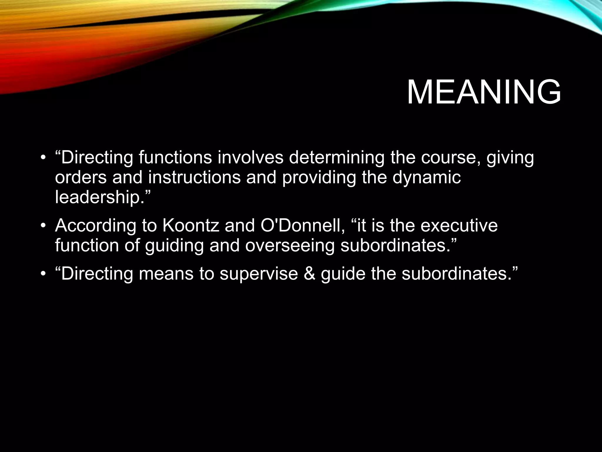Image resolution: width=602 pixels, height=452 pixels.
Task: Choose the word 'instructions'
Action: click(x=194, y=177)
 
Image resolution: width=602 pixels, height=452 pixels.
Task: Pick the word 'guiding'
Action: click(x=174, y=245)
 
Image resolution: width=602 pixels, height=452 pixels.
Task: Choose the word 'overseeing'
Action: click(x=290, y=245)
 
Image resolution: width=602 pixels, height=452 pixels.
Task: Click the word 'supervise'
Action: click(x=259, y=274)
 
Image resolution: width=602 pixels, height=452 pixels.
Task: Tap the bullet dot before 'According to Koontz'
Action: click(x=43, y=226)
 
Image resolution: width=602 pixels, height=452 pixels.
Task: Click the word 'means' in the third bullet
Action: click(x=166, y=274)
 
